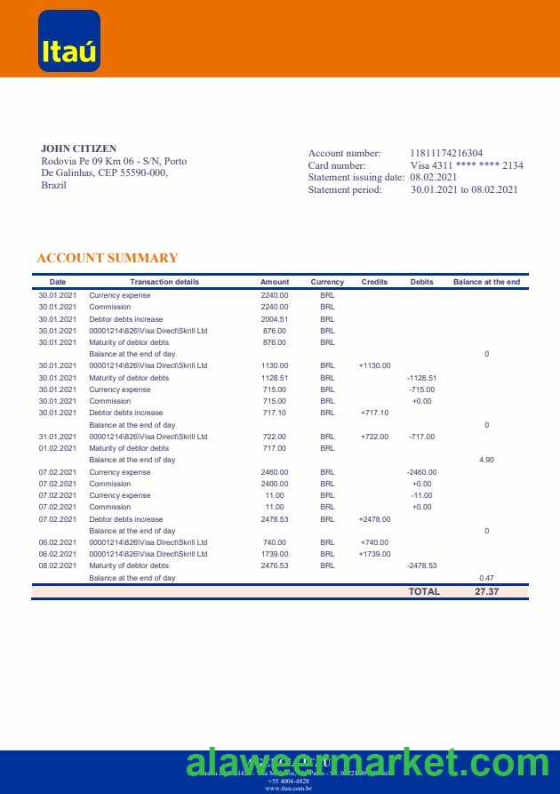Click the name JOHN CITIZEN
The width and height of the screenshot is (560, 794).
pos(78,148)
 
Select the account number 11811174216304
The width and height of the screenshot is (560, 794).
pos(446,154)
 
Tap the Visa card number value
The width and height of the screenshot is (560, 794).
pos(467,165)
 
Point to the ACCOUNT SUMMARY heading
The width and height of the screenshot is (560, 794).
pos(108,258)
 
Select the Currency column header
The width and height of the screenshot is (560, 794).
pos(327,282)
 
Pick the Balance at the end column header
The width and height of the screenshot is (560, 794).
pos(486,282)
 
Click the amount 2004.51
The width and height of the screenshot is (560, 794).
pos(275,318)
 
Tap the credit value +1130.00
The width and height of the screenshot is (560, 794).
pos(375,365)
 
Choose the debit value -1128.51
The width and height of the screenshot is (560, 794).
pos(422,378)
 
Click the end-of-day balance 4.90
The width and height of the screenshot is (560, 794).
pos(486,460)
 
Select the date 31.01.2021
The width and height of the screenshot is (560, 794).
pos(58,437)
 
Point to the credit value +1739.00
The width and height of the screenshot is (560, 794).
pos(375,554)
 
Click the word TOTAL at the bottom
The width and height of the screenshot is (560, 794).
pos(424,591)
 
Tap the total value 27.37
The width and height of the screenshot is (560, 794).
pos(487,591)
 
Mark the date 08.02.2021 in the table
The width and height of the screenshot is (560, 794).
pos(58,565)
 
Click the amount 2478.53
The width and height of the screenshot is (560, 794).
pos(275,518)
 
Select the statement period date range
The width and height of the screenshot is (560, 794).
pos(464,189)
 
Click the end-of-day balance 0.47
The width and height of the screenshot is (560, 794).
pos(486,578)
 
